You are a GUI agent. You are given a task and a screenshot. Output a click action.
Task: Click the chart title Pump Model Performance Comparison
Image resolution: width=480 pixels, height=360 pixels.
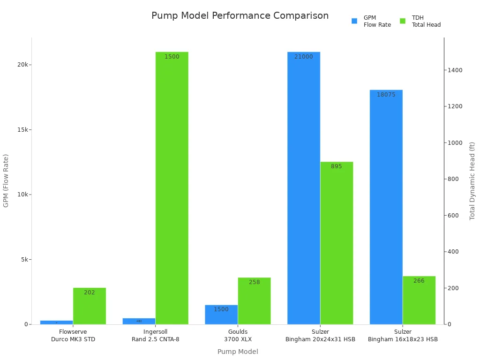[x=240, y=16]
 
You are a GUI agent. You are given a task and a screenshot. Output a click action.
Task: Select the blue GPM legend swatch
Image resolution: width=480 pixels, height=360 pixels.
[x=354, y=21]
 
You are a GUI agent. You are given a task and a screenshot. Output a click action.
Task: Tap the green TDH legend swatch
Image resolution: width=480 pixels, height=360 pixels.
[x=403, y=21]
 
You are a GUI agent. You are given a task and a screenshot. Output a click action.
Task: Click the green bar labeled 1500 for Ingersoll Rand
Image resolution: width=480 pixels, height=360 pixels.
[x=172, y=187]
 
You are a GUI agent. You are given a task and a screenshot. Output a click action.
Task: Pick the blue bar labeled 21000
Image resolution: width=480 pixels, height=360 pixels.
[x=304, y=187]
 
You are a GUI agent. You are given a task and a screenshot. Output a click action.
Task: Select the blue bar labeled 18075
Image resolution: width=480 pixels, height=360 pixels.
[x=386, y=206]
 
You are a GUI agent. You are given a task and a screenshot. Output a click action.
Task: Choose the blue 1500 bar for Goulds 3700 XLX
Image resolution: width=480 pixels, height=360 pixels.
[x=221, y=315]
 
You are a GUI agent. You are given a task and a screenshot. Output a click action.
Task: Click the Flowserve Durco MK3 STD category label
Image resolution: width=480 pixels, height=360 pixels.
[x=73, y=336]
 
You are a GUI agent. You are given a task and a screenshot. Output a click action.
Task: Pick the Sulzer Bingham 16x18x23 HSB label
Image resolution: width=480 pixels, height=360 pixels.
[x=403, y=336]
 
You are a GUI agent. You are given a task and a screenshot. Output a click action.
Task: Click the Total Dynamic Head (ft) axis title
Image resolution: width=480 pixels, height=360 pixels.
[x=472, y=181]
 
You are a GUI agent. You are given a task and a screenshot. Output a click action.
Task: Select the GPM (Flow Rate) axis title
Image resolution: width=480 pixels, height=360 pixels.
[x=6, y=180]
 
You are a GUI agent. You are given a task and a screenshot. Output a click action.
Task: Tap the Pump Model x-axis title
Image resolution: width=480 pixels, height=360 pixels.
[x=238, y=352]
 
